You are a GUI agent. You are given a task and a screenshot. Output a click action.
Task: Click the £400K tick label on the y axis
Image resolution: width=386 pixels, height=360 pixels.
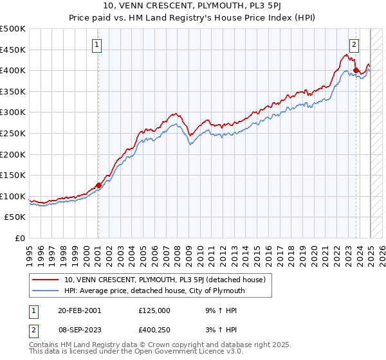point(13,70)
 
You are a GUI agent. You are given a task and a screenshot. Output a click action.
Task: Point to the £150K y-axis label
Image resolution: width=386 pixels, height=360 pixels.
point(13,175)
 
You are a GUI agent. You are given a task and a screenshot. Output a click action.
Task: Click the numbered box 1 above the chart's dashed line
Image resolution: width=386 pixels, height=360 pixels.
point(96,45)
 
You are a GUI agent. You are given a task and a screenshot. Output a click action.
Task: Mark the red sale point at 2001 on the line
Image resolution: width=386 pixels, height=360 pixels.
point(98,185)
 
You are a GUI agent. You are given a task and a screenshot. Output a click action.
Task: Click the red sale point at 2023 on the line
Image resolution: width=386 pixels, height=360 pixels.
point(356,71)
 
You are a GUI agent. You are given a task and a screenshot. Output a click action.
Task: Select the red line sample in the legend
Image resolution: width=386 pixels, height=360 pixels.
point(45,280)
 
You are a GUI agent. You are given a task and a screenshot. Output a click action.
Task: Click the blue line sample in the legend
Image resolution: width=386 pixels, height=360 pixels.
point(45,291)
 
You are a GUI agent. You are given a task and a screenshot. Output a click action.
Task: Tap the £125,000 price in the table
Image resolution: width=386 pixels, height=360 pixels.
point(154,310)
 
